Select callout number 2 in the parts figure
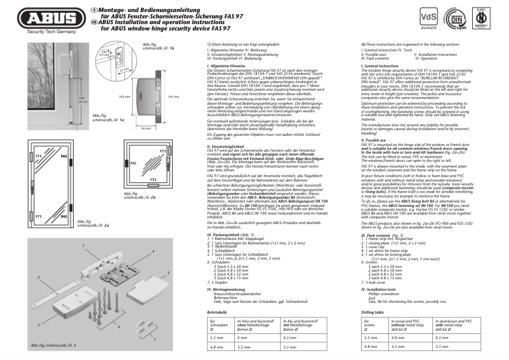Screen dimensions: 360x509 pos(21,297)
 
